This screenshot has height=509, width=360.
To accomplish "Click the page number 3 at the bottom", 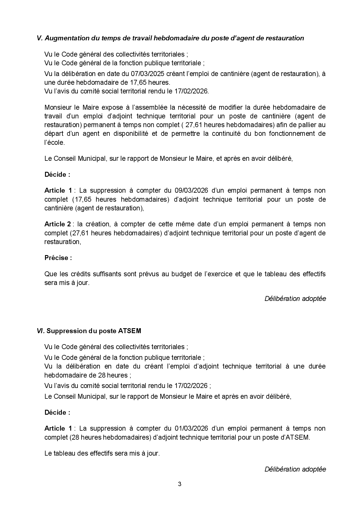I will point(179,484).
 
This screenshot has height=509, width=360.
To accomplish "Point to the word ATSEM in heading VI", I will point(129,331).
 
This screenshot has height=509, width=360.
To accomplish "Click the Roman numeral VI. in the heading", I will point(41,331).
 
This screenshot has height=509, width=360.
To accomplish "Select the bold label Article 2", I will point(57,224).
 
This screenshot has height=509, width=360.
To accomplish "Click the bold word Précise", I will point(57,258).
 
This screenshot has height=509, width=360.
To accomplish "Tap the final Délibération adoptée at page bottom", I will point(295,469).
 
